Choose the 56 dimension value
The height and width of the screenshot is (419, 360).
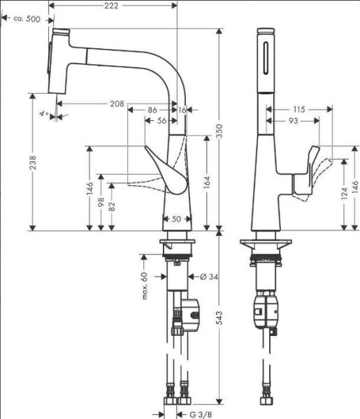(162, 121)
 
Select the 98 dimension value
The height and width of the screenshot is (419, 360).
(101, 203)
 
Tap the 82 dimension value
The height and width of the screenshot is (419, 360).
(113, 207)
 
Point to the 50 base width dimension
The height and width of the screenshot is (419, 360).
(176, 219)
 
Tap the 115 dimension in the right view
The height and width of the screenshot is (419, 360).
(299, 110)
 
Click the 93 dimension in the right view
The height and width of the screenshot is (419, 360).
(293, 121)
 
